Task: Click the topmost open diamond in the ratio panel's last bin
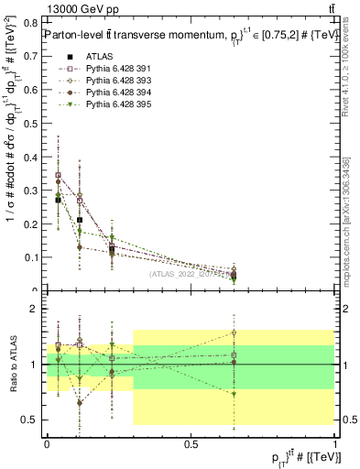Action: pos(235,333)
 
